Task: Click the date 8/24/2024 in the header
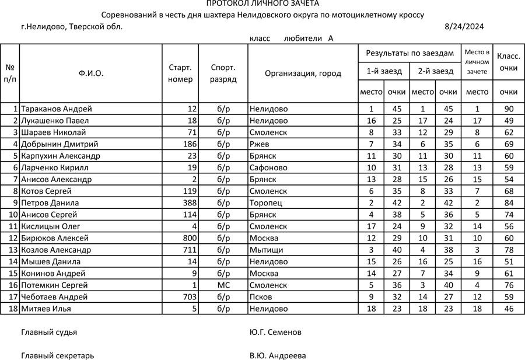pos(464,27)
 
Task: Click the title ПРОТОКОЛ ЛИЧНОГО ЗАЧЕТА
pos(262,4)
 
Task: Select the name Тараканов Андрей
pos(57,109)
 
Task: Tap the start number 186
pos(189,144)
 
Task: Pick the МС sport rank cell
pos(223,285)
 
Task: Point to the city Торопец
pos(265,203)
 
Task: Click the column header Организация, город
pos(303,74)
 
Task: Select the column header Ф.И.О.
pos(91,74)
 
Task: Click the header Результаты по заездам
pos(409,53)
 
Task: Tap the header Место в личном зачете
pos(477,61)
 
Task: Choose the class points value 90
pos(509,109)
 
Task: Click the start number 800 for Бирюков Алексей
pos(190,238)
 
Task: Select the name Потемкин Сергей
pos(54,285)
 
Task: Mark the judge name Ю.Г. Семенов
pos(275,333)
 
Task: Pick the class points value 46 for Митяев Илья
pos(509,309)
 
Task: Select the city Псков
pos(261,297)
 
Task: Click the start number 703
pos(190,297)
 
